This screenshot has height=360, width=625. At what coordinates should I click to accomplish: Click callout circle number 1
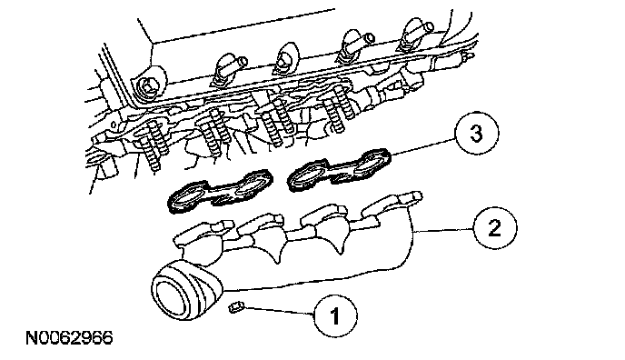pyautogui.click(x=335, y=316)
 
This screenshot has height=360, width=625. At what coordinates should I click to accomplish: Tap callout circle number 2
pyautogui.click(x=495, y=228)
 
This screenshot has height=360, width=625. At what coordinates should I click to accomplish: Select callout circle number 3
pyautogui.click(x=477, y=134)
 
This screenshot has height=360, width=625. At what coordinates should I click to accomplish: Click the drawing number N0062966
pyautogui.click(x=69, y=338)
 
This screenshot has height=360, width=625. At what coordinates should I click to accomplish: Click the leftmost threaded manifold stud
pyautogui.click(x=154, y=145)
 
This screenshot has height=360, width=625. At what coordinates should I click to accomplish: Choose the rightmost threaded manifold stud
pyautogui.click(x=338, y=107)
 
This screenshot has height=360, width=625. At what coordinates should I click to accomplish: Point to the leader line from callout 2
pyautogui.click(x=443, y=230)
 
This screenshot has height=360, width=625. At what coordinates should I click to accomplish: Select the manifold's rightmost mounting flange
pyautogui.click(x=392, y=203)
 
